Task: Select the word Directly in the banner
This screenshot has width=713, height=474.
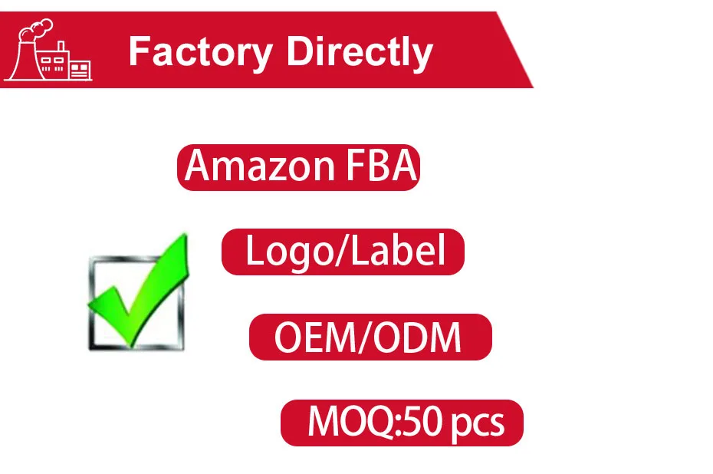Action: pyautogui.click(x=360, y=52)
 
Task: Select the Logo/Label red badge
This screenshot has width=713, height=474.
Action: pyautogui.click(x=343, y=252)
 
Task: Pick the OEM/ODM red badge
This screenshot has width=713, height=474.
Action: pyautogui.click(x=370, y=337)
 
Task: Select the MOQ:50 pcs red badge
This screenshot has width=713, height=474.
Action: pyautogui.click(x=401, y=423)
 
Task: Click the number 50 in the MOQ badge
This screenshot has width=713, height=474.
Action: pyautogui.click(x=428, y=422)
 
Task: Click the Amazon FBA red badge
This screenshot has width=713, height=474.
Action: pyautogui.click(x=299, y=166)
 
